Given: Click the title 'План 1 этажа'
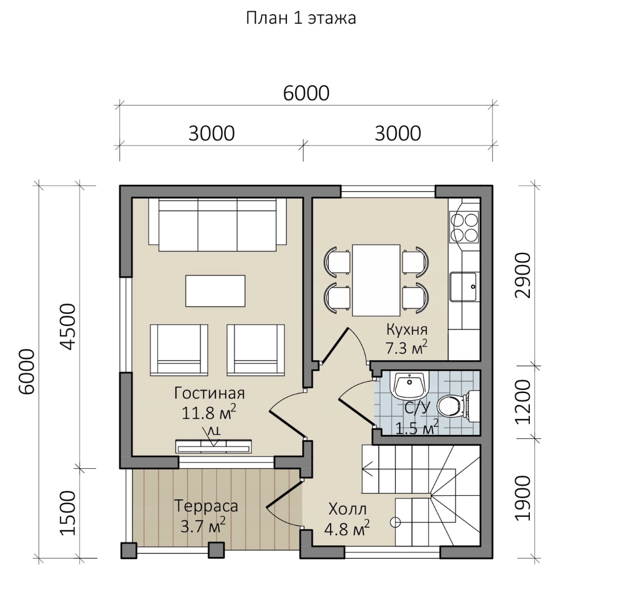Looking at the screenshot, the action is click(x=301, y=18).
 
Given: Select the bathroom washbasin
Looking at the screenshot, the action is click(x=410, y=384).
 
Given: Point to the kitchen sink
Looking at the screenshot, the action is click(x=464, y=286).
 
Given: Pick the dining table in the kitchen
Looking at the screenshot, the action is click(x=376, y=280).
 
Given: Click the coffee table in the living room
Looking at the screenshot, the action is click(x=215, y=291).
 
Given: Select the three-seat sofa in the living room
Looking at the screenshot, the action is click(x=217, y=224).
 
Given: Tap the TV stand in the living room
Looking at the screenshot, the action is click(x=213, y=446).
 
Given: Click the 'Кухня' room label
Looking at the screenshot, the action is click(x=406, y=329).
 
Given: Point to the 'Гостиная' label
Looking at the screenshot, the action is click(x=209, y=393).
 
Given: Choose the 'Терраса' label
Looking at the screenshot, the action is click(x=206, y=506).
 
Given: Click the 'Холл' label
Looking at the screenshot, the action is click(x=347, y=509).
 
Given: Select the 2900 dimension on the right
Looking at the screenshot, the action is click(x=523, y=276).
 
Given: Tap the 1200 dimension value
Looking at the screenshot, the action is click(x=523, y=402).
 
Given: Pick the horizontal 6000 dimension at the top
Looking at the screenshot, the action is click(x=306, y=93).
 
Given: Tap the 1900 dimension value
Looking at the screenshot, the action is click(x=523, y=498).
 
